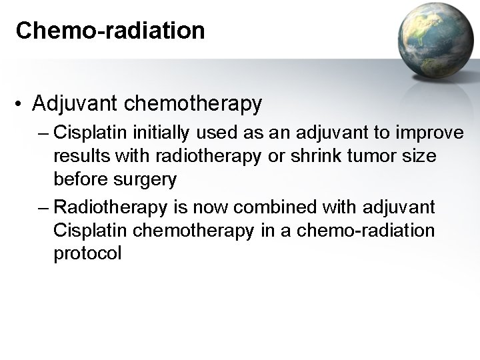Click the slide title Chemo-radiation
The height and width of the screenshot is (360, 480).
[110, 30]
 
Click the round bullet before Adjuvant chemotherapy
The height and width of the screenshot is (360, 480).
[21, 104]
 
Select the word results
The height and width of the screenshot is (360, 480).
[83, 156]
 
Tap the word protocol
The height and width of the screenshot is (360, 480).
[88, 253]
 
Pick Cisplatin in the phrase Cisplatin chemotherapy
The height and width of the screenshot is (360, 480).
[83, 231]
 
